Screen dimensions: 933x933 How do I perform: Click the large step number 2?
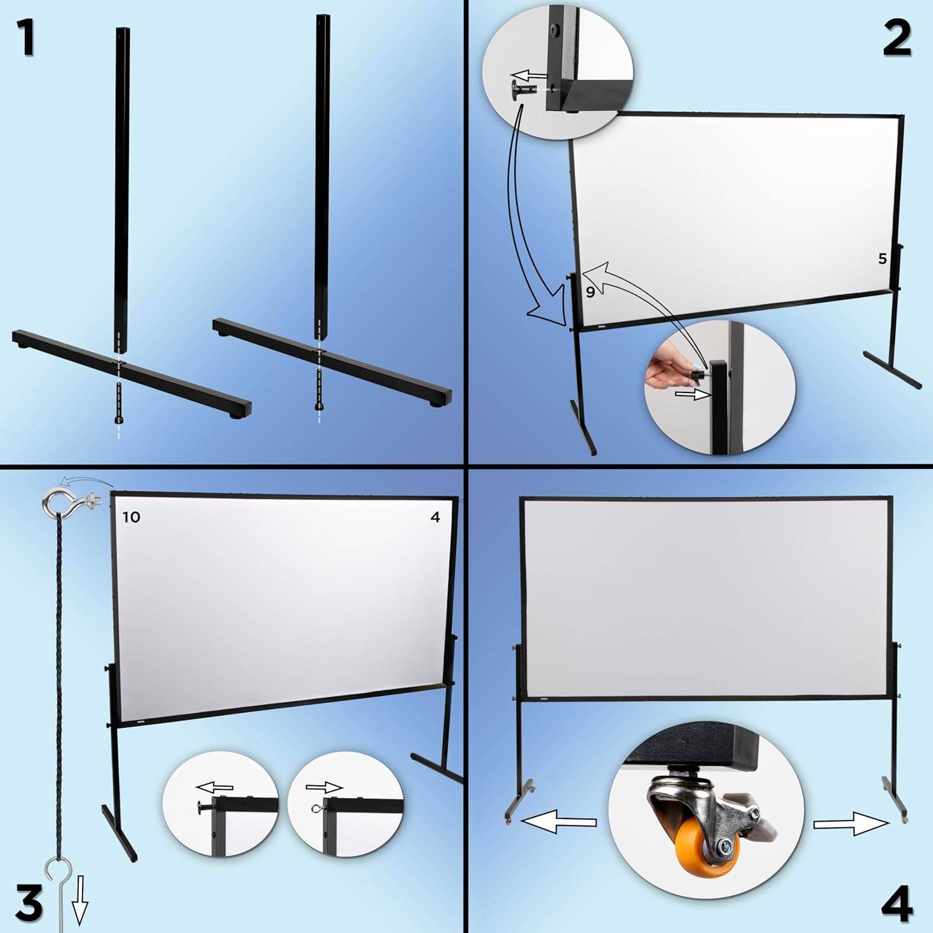[896, 38]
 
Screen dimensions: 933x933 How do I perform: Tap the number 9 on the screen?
[590, 291]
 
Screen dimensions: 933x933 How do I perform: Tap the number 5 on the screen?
[882, 259]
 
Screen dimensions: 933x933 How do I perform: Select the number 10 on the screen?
[131, 517]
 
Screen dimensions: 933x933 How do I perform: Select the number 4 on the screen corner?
[435, 517]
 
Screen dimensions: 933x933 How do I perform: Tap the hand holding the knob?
[664, 372]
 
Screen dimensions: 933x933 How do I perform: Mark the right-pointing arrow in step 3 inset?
[324, 787]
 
